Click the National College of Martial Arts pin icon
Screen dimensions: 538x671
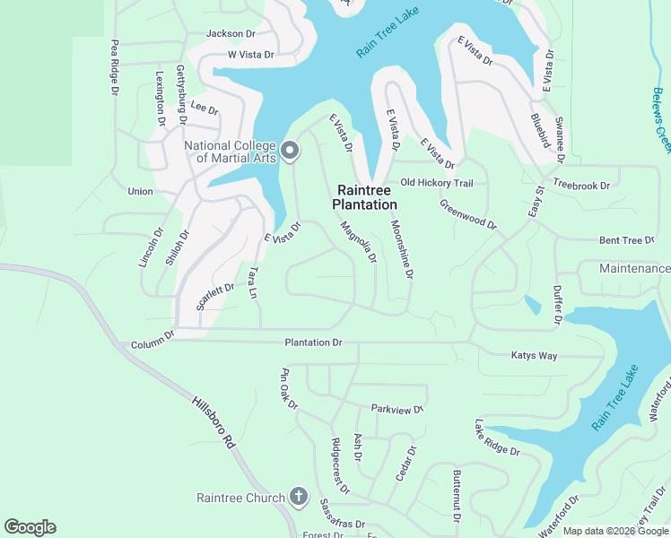[289, 151]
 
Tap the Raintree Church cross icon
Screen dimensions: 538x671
[299, 497]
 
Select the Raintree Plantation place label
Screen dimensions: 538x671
[364, 197]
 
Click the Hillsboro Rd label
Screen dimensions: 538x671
[213, 424]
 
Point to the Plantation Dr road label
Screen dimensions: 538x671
[314, 343]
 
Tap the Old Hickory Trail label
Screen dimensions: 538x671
[436, 183]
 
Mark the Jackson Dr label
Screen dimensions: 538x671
[231, 33]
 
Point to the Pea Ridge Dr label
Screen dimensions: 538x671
[115, 66]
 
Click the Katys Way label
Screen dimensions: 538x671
[534, 356]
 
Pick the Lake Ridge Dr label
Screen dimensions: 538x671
[497, 438]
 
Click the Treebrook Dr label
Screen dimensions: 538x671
[581, 186]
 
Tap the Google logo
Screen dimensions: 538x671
[30, 527]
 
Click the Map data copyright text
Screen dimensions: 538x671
[615, 531]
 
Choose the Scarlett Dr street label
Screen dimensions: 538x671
[215, 295]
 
